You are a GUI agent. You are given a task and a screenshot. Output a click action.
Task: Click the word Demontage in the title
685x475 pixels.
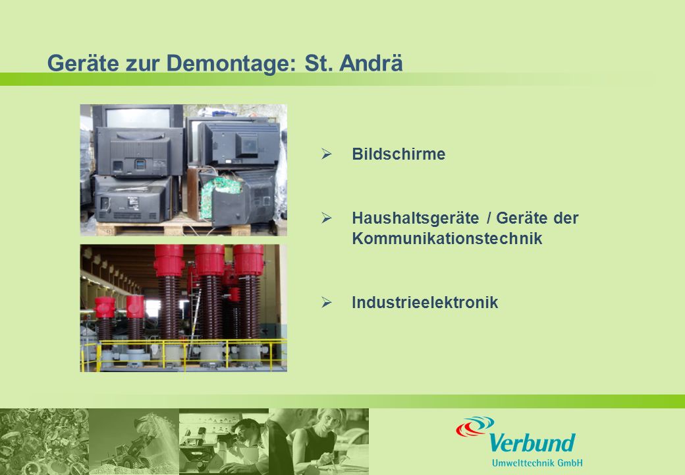pyautogui.click(x=228, y=63)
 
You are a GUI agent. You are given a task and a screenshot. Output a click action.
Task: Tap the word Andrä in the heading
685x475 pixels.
pyautogui.click(x=371, y=63)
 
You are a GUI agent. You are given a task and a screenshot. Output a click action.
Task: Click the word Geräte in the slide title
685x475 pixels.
pyautogui.click(x=83, y=63)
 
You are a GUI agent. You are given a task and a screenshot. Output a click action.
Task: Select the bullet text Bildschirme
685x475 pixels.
pyautogui.click(x=398, y=154)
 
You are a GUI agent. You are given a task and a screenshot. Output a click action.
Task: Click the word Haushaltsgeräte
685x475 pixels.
pyautogui.click(x=416, y=218)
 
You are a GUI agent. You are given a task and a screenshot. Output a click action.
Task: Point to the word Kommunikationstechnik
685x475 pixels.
pyautogui.click(x=447, y=238)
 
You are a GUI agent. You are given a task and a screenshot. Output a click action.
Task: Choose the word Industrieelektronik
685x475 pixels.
pyautogui.click(x=425, y=302)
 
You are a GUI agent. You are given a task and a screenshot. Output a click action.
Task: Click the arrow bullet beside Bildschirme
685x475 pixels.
pyautogui.click(x=326, y=154)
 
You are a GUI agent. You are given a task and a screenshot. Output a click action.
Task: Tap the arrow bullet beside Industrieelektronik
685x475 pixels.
pyautogui.click(x=326, y=302)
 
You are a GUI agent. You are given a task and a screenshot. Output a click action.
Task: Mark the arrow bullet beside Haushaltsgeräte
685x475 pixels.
pyautogui.click(x=326, y=218)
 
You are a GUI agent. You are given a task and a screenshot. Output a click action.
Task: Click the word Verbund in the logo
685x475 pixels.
pyautogui.click(x=532, y=443)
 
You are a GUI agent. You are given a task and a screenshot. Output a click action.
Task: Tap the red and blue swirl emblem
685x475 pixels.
pyautogui.click(x=475, y=426)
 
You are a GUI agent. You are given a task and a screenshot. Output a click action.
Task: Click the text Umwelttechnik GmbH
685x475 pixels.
pyautogui.click(x=537, y=462)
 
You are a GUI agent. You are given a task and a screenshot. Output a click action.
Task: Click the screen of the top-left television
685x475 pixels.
pyautogui.click(x=138, y=117)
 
